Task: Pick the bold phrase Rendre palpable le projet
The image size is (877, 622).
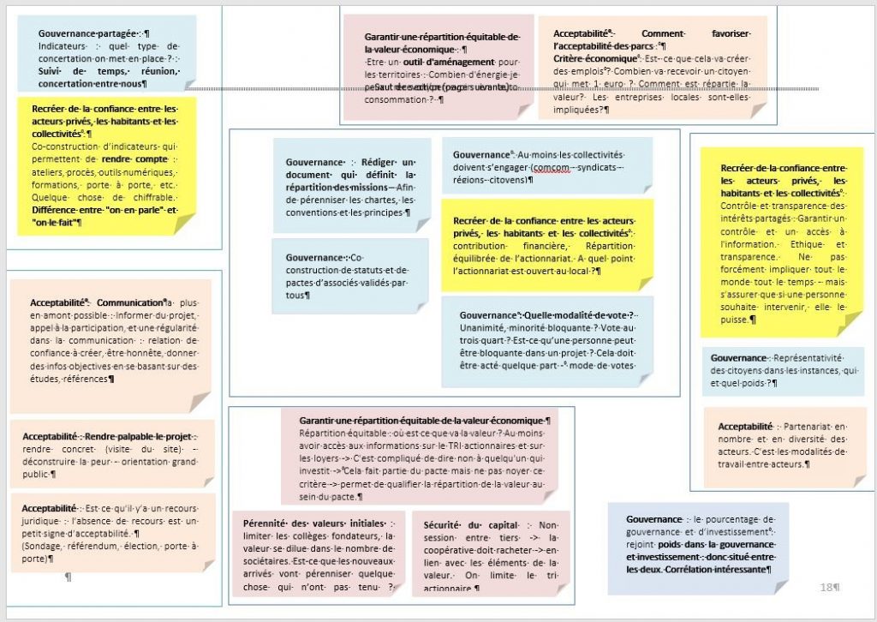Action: (138, 436)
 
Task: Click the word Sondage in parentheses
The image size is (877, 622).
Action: (45, 546)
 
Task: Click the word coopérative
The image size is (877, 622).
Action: (449, 549)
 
